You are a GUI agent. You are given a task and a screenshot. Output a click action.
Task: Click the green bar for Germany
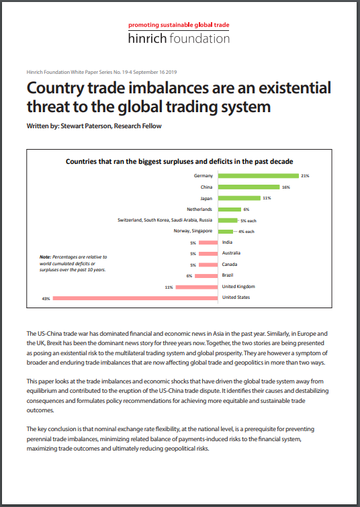click(x=259, y=176)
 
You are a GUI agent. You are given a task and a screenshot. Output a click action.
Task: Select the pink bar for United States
click(x=135, y=298)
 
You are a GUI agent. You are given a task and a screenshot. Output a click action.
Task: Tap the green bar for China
click(x=249, y=187)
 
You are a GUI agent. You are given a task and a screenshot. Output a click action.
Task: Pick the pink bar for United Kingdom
click(x=197, y=287)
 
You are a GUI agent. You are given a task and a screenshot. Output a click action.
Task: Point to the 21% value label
click(x=305, y=176)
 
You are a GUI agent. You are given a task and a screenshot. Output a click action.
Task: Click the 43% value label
click(x=46, y=299)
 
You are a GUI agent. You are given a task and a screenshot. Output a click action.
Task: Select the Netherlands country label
click(x=199, y=210)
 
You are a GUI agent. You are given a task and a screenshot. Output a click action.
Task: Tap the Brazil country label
click(x=228, y=275)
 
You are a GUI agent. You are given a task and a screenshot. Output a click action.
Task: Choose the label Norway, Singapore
click(x=193, y=231)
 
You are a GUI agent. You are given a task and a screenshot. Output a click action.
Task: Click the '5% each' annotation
click(x=249, y=221)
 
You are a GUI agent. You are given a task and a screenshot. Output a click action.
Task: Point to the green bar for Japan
click(x=239, y=198)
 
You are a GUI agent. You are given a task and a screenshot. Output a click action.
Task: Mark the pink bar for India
click(x=208, y=242)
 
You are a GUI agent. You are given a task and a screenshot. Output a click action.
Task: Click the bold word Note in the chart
click(x=45, y=257)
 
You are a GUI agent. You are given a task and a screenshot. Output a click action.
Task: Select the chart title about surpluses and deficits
click(x=179, y=162)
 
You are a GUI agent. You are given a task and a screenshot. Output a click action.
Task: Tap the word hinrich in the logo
click(x=147, y=38)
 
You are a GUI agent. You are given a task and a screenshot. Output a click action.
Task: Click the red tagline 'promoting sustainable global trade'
click(x=179, y=26)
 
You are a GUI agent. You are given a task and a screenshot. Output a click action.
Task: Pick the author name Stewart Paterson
click(x=87, y=126)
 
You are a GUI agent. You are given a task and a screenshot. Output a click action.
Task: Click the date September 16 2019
click(x=155, y=72)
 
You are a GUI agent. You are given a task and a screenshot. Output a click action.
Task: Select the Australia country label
click(x=231, y=253)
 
